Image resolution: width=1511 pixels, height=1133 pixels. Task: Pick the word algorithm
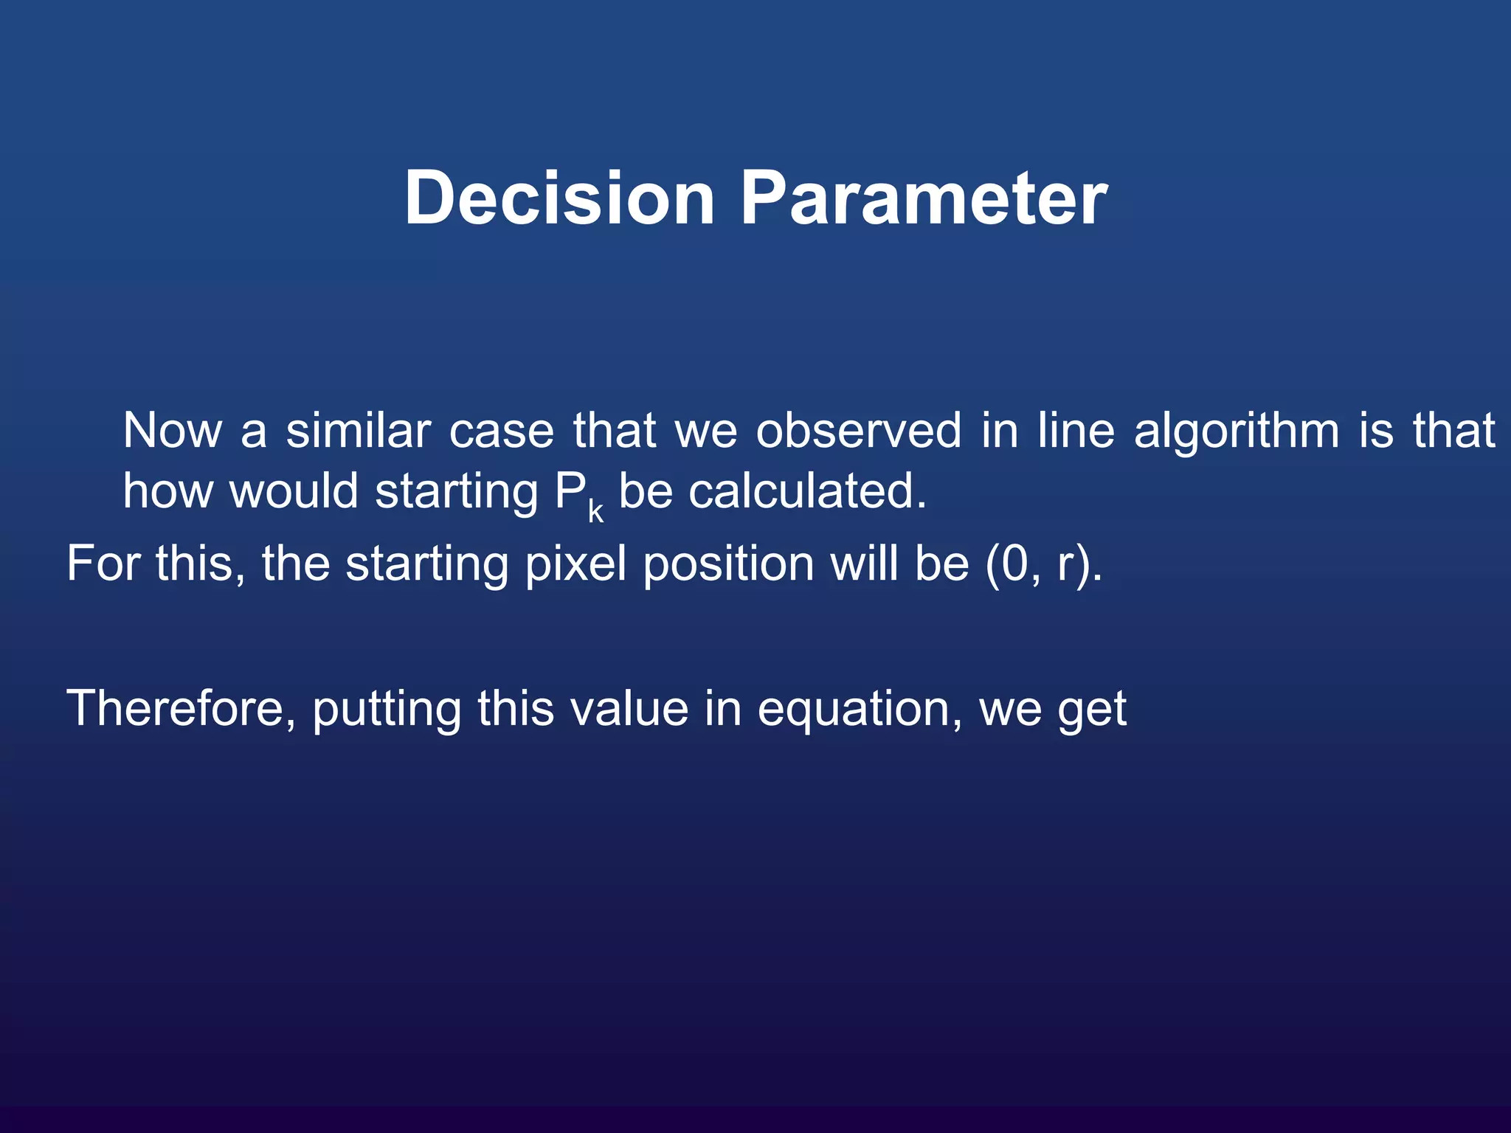pyautogui.click(x=1236, y=432)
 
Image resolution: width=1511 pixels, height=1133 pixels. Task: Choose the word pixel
pyautogui.click(x=575, y=564)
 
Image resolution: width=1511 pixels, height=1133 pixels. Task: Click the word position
pyautogui.click(x=728, y=564)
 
